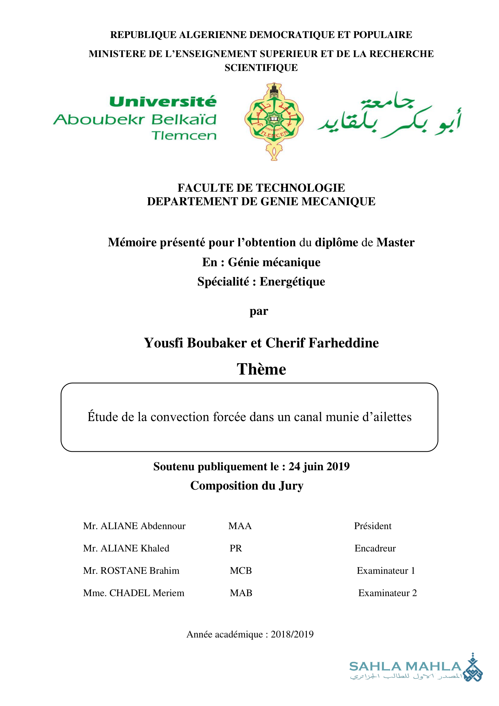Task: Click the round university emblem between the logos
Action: pyautogui.click(x=274, y=120)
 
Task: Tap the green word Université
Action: pyautogui.click(x=163, y=102)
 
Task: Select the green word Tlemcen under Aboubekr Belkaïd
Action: pyautogui.click(x=184, y=136)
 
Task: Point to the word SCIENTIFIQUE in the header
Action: pyautogui.click(x=261, y=68)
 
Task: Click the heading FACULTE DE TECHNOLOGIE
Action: pyautogui.click(x=261, y=188)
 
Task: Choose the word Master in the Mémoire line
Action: pyautogui.click(x=396, y=243)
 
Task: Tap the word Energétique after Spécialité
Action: pyautogui.click(x=292, y=282)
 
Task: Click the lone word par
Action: pyautogui.click(x=259, y=311)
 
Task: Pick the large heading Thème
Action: pyautogui.click(x=261, y=369)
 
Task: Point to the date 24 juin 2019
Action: pyautogui.click(x=319, y=466)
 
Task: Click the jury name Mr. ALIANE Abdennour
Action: pyautogui.click(x=134, y=526)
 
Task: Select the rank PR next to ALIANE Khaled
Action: pyautogui.click(x=236, y=548)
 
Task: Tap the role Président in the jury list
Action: pyautogui.click(x=373, y=526)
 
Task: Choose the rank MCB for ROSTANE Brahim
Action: pyautogui.click(x=240, y=571)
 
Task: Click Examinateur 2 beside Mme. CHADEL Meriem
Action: pyautogui.click(x=387, y=593)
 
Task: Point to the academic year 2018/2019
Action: pyautogui.click(x=292, y=634)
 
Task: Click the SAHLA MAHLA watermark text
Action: pyautogui.click(x=405, y=667)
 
